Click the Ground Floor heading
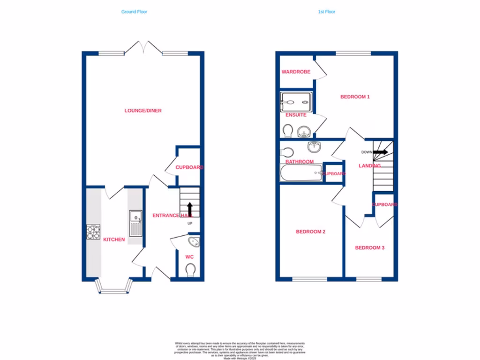pyautogui.click(x=134, y=12)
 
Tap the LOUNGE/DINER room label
pyautogui.click(x=143, y=111)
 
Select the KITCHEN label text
pyautogui.click(x=114, y=240)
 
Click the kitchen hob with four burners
pyautogui.click(x=94, y=232)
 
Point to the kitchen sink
pyautogui.click(x=135, y=222)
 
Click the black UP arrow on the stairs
pyautogui.click(x=190, y=208)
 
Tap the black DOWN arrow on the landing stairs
pyautogui.click(x=380, y=152)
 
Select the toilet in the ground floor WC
pyautogui.click(x=190, y=270)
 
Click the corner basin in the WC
pyautogui.click(x=193, y=242)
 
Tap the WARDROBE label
pyautogui.click(x=296, y=72)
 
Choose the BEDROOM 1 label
pyautogui.click(x=355, y=97)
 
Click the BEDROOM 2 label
pyautogui.click(x=310, y=232)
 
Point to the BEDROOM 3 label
pyautogui.click(x=369, y=247)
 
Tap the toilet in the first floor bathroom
pyautogui.click(x=286, y=152)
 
